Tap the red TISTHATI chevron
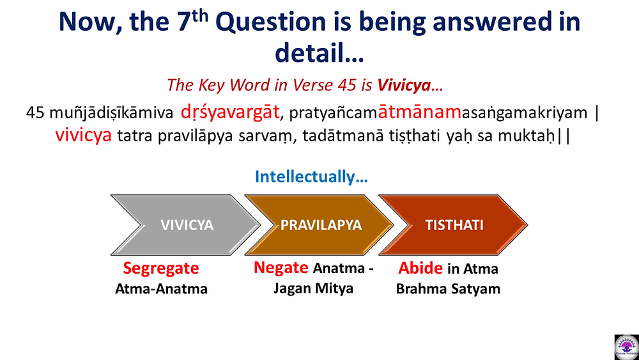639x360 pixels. [x=453, y=225]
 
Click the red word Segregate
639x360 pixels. [x=161, y=269]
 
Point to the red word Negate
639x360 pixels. [x=281, y=268]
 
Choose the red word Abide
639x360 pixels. [x=420, y=269]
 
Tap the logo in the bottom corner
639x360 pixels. [x=626, y=347]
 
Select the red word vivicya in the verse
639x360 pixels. [x=84, y=136]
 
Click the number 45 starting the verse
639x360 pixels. [x=35, y=113]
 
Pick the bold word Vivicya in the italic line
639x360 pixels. [x=403, y=85]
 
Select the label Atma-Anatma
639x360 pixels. [x=162, y=289]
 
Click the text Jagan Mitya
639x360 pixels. [x=313, y=288]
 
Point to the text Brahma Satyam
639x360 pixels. [x=448, y=289]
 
